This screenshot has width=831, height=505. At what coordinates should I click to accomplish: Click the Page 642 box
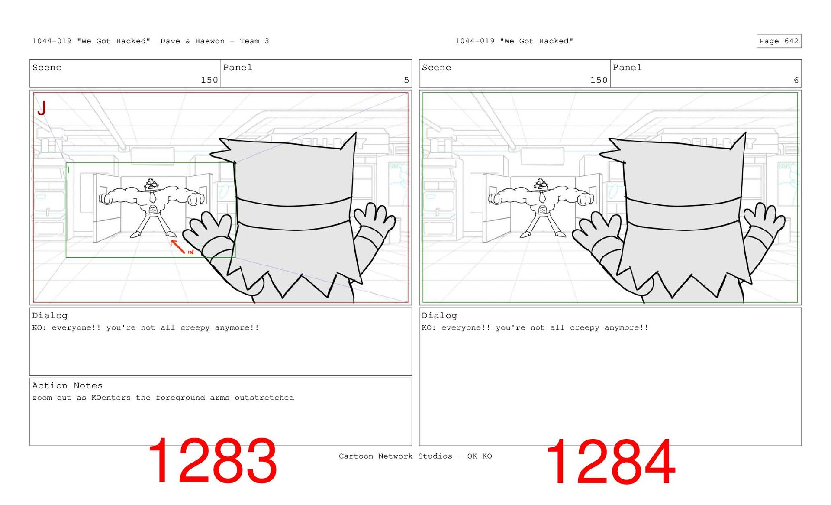pyautogui.click(x=779, y=41)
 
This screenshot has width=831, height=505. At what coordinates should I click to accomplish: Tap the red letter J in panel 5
pyautogui.click(x=42, y=108)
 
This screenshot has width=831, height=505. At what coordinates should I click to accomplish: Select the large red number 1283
pyautogui.click(x=213, y=461)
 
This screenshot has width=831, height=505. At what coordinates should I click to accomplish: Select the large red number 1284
pyautogui.click(x=611, y=461)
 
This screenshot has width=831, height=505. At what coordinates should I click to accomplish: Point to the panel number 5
pyautogui.click(x=406, y=80)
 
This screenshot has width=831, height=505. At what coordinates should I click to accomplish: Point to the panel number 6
pyautogui.click(x=796, y=80)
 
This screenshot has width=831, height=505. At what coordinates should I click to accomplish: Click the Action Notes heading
pyautogui.click(x=67, y=385)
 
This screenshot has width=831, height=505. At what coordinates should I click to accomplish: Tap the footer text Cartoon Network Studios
pyautogui.click(x=395, y=456)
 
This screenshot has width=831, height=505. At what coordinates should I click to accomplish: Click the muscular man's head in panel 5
pyautogui.click(x=151, y=184)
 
